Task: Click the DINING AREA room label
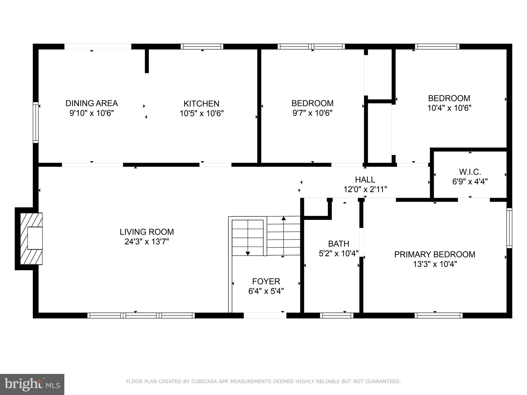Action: (x=92, y=103)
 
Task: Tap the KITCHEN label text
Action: (x=201, y=104)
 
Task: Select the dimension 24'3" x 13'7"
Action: (x=147, y=242)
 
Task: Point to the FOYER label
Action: (x=266, y=281)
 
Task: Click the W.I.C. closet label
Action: (x=470, y=172)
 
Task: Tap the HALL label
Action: (x=365, y=179)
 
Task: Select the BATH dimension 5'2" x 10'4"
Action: (x=338, y=254)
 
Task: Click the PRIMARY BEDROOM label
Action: (x=435, y=254)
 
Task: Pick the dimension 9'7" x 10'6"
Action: (x=312, y=113)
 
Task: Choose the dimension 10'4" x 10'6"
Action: (x=449, y=108)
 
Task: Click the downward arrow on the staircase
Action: (x=248, y=253)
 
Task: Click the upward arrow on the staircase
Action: (x=284, y=219)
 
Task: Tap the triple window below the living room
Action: (x=141, y=316)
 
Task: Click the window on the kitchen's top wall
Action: (x=202, y=47)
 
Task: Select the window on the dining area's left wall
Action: (x=36, y=122)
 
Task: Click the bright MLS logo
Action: (x=32, y=384)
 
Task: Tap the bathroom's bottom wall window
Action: (x=337, y=316)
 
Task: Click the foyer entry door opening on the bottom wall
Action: (x=265, y=316)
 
